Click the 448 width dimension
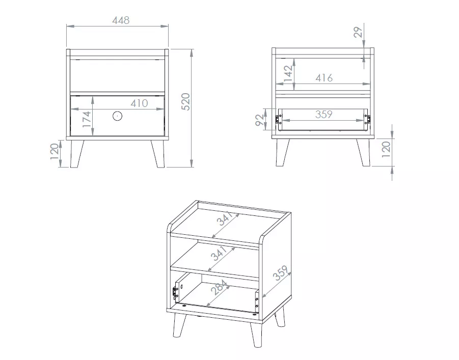click(x=121, y=20)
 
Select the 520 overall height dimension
click(x=186, y=101)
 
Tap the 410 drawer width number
click(x=139, y=103)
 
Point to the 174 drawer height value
click(x=87, y=119)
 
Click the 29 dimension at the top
click(x=358, y=32)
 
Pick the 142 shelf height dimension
click(x=288, y=73)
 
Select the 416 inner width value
click(x=324, y=78)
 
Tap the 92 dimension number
click(x=260, y=120)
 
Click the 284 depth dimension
click(x=220, y=287)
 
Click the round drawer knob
click(x=117, y=116)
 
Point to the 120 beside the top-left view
click(x=55, y=151)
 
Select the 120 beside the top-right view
click(x=386, y=149)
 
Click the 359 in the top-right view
click(x=324, y=114)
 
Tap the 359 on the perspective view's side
click(x=280, y=273)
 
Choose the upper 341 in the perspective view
click(x=225, y=218)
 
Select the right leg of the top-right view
click(x=364, y=152)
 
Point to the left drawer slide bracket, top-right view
click(x=277, y=120)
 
